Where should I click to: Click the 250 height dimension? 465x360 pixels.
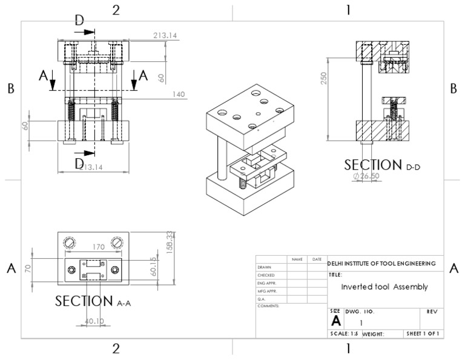[324, 78]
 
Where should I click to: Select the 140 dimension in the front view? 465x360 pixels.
[178, 94]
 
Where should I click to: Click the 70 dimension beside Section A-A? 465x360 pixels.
[27, 267]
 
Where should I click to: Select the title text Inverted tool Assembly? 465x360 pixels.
[384, 287]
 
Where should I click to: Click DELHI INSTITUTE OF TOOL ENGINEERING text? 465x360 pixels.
[381, 264]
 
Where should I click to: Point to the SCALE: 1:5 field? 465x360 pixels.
[344, 333]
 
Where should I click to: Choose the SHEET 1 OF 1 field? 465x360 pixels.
[423, 333]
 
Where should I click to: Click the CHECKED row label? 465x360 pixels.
[266, 275]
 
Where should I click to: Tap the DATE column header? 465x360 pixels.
[317, 259]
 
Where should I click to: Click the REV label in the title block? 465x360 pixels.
[432, 311]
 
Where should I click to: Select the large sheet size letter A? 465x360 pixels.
[335, 322]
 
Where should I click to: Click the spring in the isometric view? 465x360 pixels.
[243, 181]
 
